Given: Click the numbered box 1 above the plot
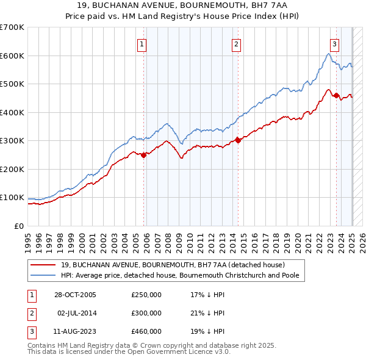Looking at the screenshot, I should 142,43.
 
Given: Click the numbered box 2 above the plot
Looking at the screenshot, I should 235,43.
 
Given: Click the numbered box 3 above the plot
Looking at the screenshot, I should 335,43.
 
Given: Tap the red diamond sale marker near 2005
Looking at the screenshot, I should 144,155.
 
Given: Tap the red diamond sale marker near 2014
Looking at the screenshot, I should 238,140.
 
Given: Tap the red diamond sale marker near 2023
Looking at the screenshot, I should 336,95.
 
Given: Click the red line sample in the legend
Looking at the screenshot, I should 43,265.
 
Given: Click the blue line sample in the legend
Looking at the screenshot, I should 43,276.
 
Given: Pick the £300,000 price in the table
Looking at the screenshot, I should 146,313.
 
